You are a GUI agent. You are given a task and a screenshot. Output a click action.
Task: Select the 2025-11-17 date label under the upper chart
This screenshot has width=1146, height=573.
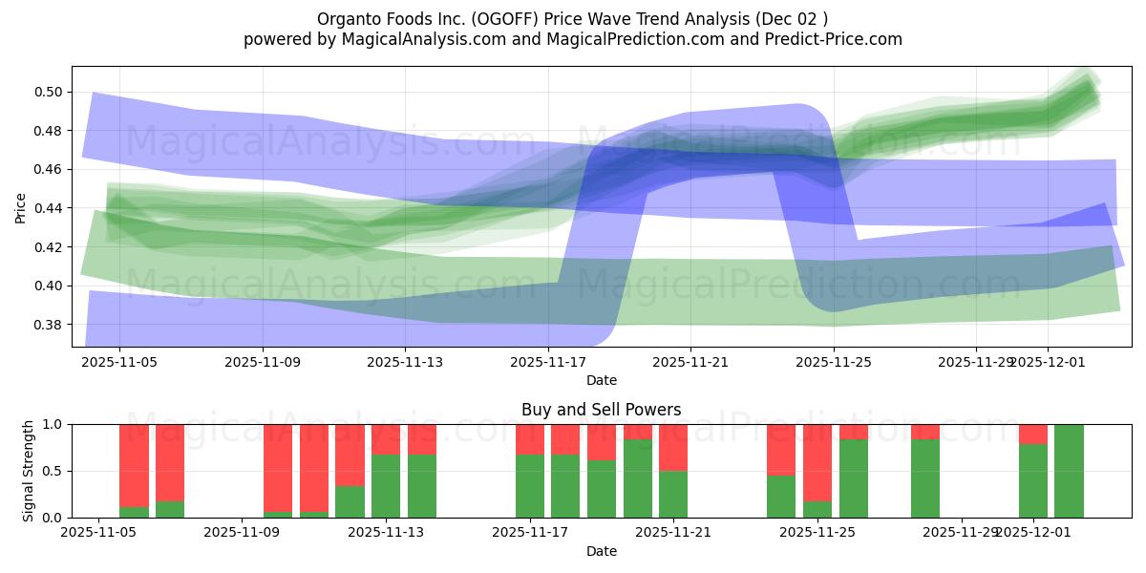coord(548,362)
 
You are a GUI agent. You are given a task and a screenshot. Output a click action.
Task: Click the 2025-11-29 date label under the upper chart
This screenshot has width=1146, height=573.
coord(976,362)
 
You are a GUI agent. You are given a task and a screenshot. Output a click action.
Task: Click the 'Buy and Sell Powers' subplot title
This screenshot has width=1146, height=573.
coord(601,410)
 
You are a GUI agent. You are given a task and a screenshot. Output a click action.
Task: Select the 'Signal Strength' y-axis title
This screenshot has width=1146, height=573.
coord(29,471)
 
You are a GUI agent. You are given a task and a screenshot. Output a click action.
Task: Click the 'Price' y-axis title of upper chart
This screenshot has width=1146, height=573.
coord(21,207)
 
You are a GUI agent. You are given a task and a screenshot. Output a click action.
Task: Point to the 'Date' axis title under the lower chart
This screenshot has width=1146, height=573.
coord(601,551)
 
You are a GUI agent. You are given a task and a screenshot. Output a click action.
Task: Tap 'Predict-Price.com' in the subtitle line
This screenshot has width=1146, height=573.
coord(836,39)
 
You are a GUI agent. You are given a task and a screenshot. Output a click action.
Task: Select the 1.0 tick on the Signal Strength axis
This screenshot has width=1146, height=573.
coord(53,424)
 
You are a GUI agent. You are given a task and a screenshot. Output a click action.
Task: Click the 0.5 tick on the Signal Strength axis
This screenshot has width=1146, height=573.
coord(53,471)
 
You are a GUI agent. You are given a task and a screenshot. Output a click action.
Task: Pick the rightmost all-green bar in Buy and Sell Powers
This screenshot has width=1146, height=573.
coord(1069,471)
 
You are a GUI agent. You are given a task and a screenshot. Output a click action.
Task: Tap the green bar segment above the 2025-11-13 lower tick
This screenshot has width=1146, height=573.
coord(386,486)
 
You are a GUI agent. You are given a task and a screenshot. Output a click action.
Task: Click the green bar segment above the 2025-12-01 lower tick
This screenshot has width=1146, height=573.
coord(1033,480)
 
